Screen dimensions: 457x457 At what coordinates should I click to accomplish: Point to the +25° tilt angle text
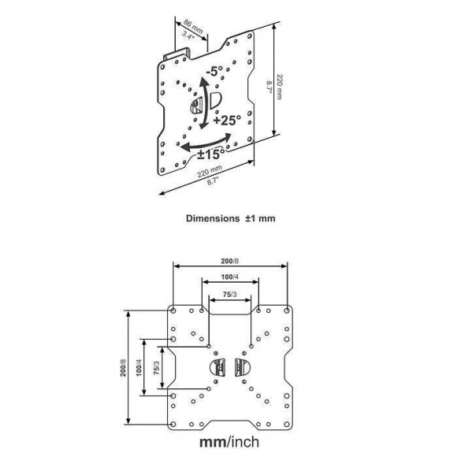(225, 121)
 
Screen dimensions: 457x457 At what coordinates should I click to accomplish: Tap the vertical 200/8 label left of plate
(123, 369)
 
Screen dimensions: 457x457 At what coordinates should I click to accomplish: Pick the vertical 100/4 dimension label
(139, 369)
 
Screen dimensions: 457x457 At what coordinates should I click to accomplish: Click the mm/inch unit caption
(231, 442)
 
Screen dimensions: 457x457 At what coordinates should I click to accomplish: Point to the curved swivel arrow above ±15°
(206, 142)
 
